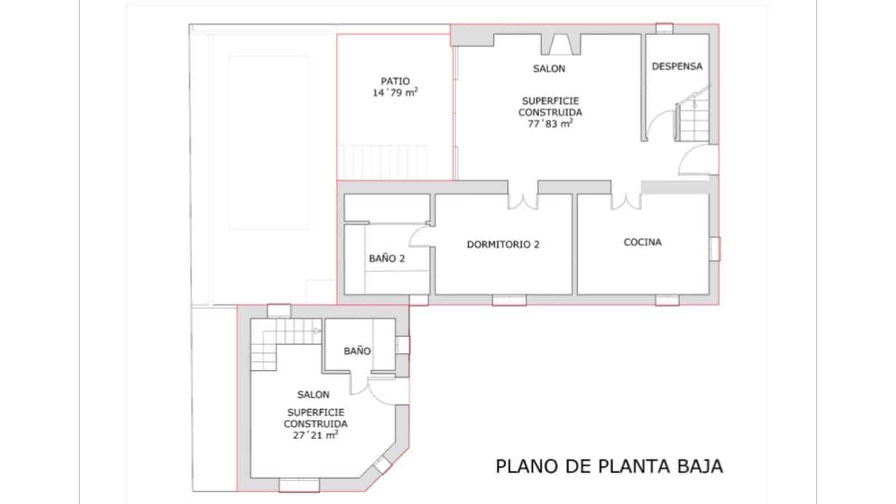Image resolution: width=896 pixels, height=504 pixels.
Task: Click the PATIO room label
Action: click(x=395, y=81)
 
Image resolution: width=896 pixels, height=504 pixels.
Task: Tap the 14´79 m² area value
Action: click(x=395, y=93)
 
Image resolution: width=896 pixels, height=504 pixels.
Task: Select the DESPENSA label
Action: click(x=676, y=66)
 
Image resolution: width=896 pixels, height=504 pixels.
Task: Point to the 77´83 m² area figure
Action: click(x=549, y=124)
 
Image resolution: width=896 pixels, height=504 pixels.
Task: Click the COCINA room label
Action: click(x=642, y=242)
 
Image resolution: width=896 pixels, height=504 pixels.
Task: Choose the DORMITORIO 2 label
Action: click(x=503, y=244)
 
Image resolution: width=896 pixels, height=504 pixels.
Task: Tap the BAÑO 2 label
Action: click(x=386, y=258)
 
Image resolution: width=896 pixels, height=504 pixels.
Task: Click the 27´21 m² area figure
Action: click(x=315, y=435)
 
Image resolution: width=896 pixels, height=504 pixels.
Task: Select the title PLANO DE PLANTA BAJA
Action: click(x=609, y=466)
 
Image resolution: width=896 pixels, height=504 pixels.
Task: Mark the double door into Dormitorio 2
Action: click(x=522, y=201)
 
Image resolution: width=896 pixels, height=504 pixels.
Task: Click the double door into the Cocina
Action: click(x=626, y=201)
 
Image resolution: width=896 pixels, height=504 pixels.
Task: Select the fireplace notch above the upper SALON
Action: click(x=560, y=45)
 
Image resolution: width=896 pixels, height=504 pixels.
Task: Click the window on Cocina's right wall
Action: click(x=715, y=249)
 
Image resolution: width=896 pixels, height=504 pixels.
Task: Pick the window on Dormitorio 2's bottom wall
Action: click(x=509, y=300)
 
